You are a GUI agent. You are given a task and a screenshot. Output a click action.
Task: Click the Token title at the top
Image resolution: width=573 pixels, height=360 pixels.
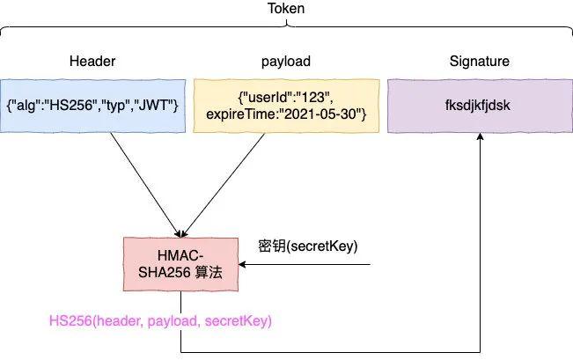pyautogui.click(x=288, y=9)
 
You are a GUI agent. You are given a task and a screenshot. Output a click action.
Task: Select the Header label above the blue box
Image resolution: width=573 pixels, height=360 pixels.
pyautogui.click(x=92, y=62)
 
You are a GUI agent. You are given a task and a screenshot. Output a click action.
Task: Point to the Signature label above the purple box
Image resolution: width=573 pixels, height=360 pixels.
pyautogui.click(x=480, y=62)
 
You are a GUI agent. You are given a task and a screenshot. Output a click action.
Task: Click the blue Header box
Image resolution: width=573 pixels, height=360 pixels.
pyautogui.click(x=92, y=106)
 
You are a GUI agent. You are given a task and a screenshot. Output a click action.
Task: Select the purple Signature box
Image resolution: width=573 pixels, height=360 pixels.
pyautogui.click(x=480, y=106)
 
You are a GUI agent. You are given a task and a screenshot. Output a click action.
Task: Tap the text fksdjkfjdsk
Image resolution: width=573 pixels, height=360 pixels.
pyautogui.click(x=480, y=106)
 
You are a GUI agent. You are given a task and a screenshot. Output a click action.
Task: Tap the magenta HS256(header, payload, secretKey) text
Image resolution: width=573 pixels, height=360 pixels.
pyautogui.click(x=161, y=322)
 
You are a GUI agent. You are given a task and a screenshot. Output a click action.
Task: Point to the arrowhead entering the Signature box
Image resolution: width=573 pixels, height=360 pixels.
pyautogui.click(x=481, y=139)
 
